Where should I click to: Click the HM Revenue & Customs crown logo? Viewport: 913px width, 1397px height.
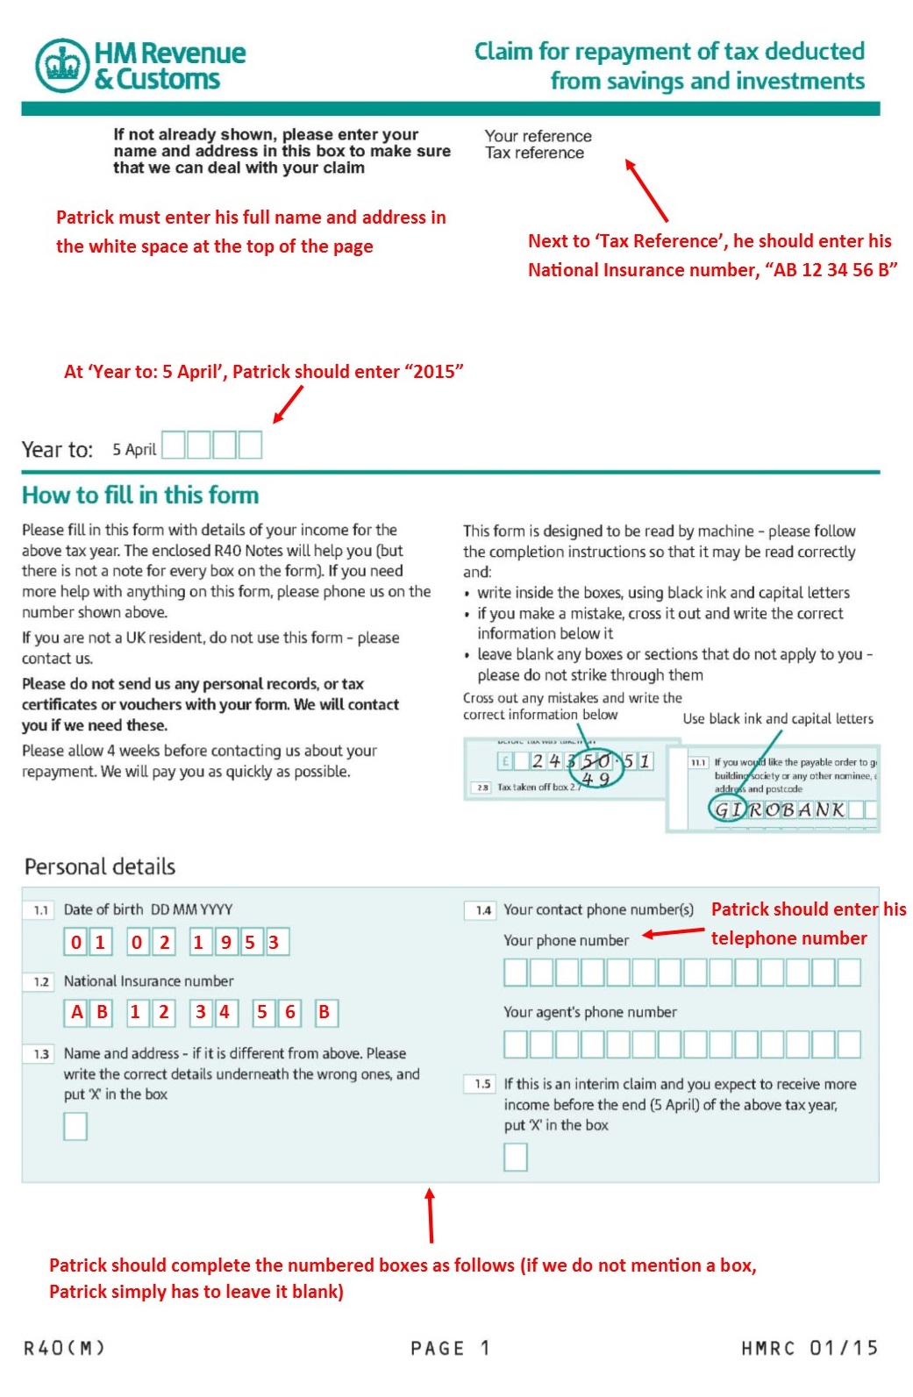62,66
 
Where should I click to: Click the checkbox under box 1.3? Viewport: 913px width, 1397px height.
75,1126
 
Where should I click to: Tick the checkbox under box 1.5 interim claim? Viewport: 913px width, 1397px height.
516,1158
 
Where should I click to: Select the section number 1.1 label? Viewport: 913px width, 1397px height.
40,910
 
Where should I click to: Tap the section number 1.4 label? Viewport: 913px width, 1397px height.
482,910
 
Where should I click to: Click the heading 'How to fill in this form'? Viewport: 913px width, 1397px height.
140,495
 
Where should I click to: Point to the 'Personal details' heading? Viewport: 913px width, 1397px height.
100,867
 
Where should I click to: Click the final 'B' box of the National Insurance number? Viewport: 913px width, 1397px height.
324,1013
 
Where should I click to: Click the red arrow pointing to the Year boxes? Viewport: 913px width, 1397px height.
288,404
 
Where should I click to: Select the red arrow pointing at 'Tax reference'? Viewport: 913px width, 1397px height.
646,189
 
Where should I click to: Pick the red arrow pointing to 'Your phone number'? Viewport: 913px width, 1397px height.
674,933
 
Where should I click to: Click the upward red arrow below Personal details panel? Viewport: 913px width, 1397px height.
430,1215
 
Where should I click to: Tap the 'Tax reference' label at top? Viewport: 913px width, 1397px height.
534,153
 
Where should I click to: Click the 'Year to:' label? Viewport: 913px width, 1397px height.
57,450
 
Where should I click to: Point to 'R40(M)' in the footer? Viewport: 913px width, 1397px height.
64,1348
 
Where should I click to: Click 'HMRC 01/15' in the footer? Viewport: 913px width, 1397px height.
809,1348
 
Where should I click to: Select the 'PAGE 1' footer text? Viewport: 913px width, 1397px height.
450,1348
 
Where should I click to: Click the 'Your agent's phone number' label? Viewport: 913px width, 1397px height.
589,1012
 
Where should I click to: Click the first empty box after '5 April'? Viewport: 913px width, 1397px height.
173,445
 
